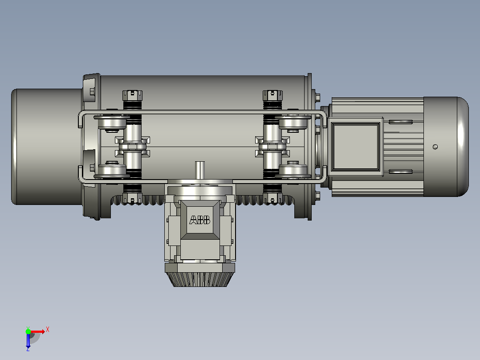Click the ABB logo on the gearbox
click(200, 220)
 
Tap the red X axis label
click(48, 330)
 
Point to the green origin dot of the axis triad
click(28, 331)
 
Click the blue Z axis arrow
click(28, 341)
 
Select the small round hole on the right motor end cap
click(435, 147)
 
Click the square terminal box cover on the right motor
click(356, 147)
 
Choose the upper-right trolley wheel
click(293, 123)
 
